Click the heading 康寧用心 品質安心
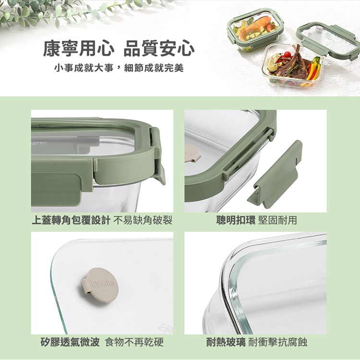(x=119, y=48)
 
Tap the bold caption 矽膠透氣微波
(x=70, y=342)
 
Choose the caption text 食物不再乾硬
(x=134, y=342)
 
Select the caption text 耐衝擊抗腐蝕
(x=278, y=342)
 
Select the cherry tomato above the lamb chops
(x=288, y=54)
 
